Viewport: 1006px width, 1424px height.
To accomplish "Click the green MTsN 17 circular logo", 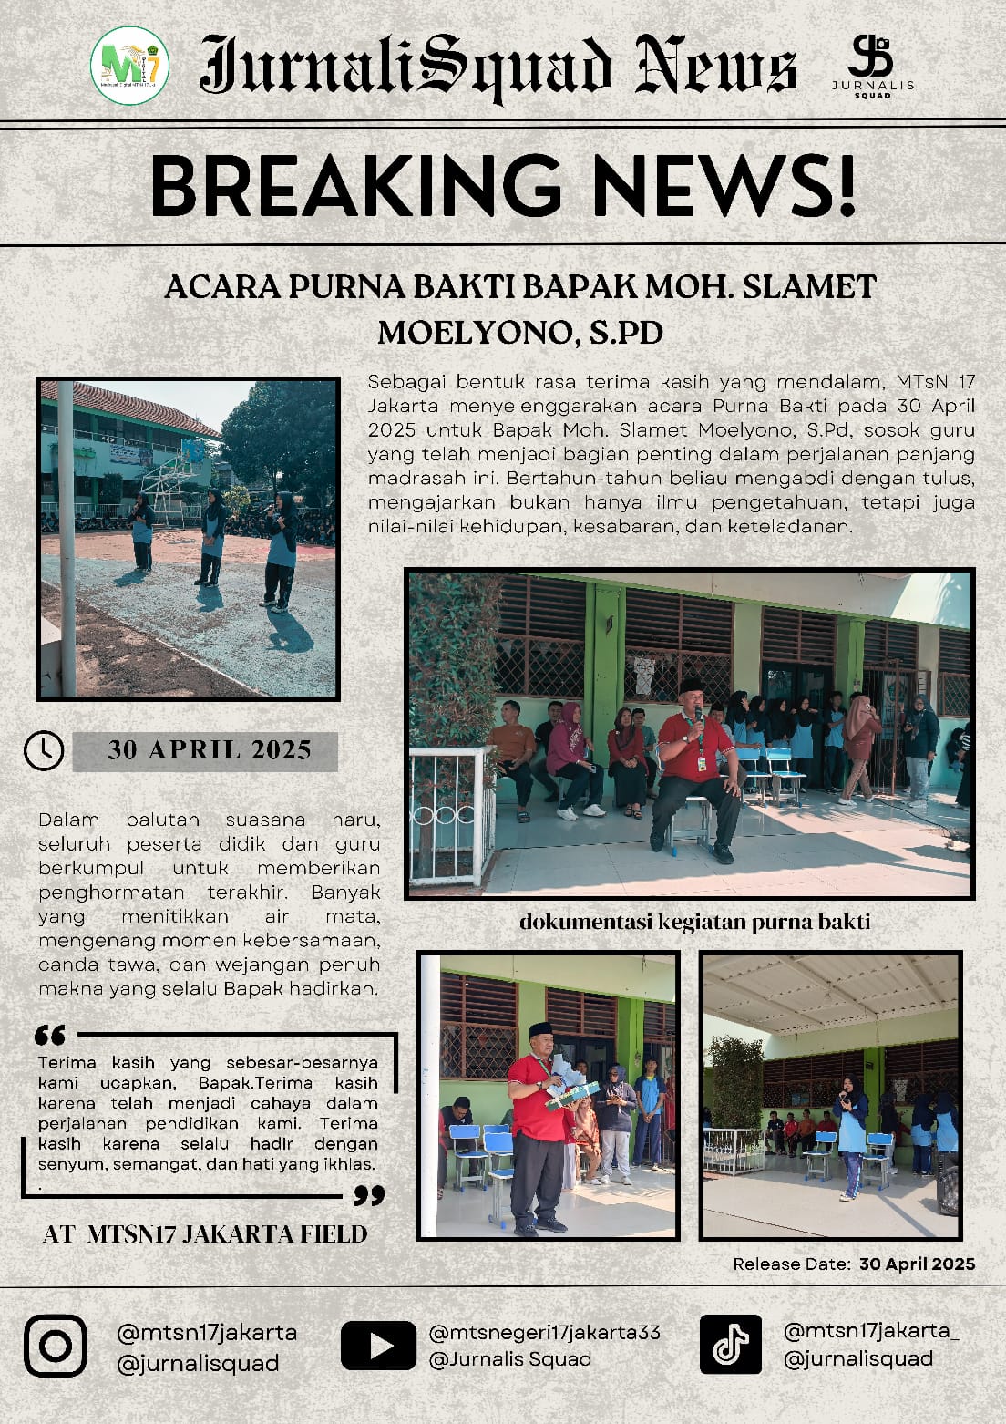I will click(x=129, y=65).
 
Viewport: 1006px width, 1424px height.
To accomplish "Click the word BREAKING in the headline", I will click(x=355, y=186).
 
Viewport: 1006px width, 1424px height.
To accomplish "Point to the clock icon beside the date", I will click(x=44, y=750).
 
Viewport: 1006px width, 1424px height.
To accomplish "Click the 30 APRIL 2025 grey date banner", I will click(x=209, y=750).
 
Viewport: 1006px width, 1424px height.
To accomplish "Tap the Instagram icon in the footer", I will click(x=56, y=1346).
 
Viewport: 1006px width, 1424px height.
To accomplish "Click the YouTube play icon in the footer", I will click(x=378, y=1346).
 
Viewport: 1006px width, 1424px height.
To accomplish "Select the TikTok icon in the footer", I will click(x=730, y=1344).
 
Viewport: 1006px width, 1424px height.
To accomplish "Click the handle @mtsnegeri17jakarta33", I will click(x=544, y=1332).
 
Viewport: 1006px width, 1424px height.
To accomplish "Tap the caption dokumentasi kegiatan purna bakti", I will click(x=694, y=922).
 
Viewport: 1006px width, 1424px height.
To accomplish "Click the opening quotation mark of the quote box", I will click(x=49, y=1035).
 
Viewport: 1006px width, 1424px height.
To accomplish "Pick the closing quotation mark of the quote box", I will click(x=369, y=1195).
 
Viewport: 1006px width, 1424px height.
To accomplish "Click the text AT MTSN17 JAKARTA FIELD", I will click(x=206, y=1234).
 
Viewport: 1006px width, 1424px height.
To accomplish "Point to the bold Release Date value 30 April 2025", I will click(x=917, y=1264).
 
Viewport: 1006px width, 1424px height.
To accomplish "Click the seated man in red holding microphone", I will click(x=696, y=766).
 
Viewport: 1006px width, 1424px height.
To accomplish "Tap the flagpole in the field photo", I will click(x=67, y=538).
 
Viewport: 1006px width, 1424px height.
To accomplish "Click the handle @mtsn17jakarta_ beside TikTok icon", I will click(x=870, y=1330).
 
